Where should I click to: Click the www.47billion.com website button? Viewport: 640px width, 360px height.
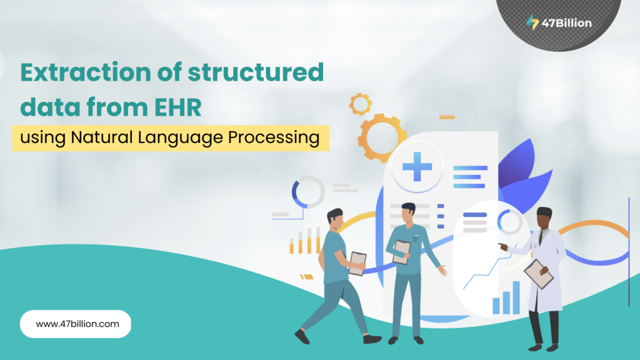[76, 324]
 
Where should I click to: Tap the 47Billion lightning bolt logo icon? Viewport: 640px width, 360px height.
[532, 23]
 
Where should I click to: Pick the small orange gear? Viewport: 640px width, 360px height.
[361, 104]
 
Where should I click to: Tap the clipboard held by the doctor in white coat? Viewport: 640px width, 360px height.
[538, 274]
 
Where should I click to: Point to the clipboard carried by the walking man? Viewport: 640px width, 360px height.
[357, 263]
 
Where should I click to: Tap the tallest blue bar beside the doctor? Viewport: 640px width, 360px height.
[516, 297]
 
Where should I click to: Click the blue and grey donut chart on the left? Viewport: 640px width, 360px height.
[308, 192]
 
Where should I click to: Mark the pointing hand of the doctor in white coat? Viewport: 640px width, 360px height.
[502, 247]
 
